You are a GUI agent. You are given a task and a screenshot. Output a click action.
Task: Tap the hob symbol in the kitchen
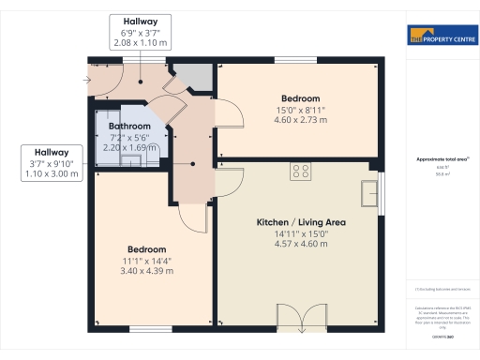(x=302, y=171)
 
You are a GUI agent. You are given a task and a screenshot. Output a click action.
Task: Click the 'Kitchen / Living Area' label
(x=302, y=222)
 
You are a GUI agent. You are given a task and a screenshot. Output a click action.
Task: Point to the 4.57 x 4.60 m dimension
(x=302, y=244)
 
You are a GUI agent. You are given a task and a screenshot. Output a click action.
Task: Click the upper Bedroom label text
(x=300, y=98)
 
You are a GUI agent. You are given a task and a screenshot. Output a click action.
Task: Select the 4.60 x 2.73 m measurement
(x=300, y=120)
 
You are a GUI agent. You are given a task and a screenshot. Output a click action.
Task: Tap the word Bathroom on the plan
(x=129, y=126)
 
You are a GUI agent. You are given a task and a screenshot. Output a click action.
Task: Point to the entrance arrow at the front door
(x=87, y=80)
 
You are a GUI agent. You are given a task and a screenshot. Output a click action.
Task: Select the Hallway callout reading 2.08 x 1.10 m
(x=140, y=31)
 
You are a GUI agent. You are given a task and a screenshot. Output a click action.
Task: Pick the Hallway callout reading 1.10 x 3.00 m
(x=52, y=163)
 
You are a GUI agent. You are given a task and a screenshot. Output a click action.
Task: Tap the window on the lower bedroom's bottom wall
(x=149, y=329)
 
